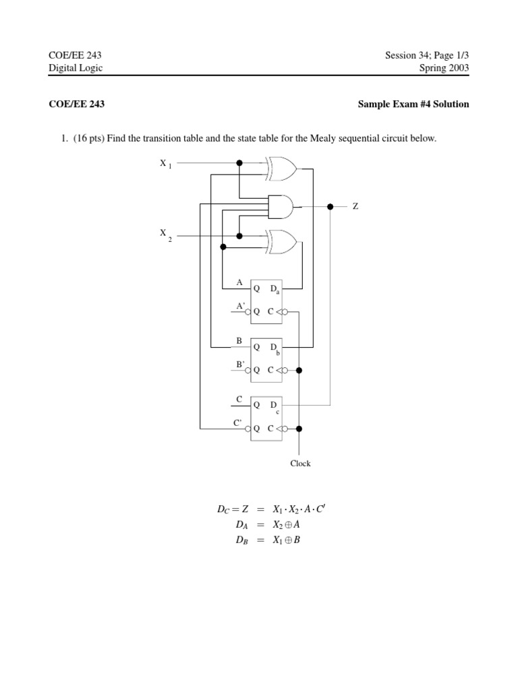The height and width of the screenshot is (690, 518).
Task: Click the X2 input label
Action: [x=165, y=234]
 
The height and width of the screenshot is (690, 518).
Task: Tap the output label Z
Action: [x=355, y=206]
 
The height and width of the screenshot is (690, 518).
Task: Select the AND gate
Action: [x=281, y=206]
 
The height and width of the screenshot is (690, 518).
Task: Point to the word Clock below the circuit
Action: [x=300, y=464]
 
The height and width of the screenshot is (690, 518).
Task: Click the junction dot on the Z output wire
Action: [x=330, y=206]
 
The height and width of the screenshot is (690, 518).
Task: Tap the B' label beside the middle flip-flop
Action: [x=239, y=364]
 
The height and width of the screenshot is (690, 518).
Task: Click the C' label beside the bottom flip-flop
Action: [x=238, y=422]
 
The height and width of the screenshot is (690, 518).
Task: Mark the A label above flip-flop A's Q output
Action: [x=239, y=282]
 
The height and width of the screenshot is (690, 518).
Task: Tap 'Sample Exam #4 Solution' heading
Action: [x=413, y=104]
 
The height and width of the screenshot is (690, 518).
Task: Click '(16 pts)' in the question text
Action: [x=88, y=139]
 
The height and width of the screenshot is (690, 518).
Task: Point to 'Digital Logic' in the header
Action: [x=76, y=68]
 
